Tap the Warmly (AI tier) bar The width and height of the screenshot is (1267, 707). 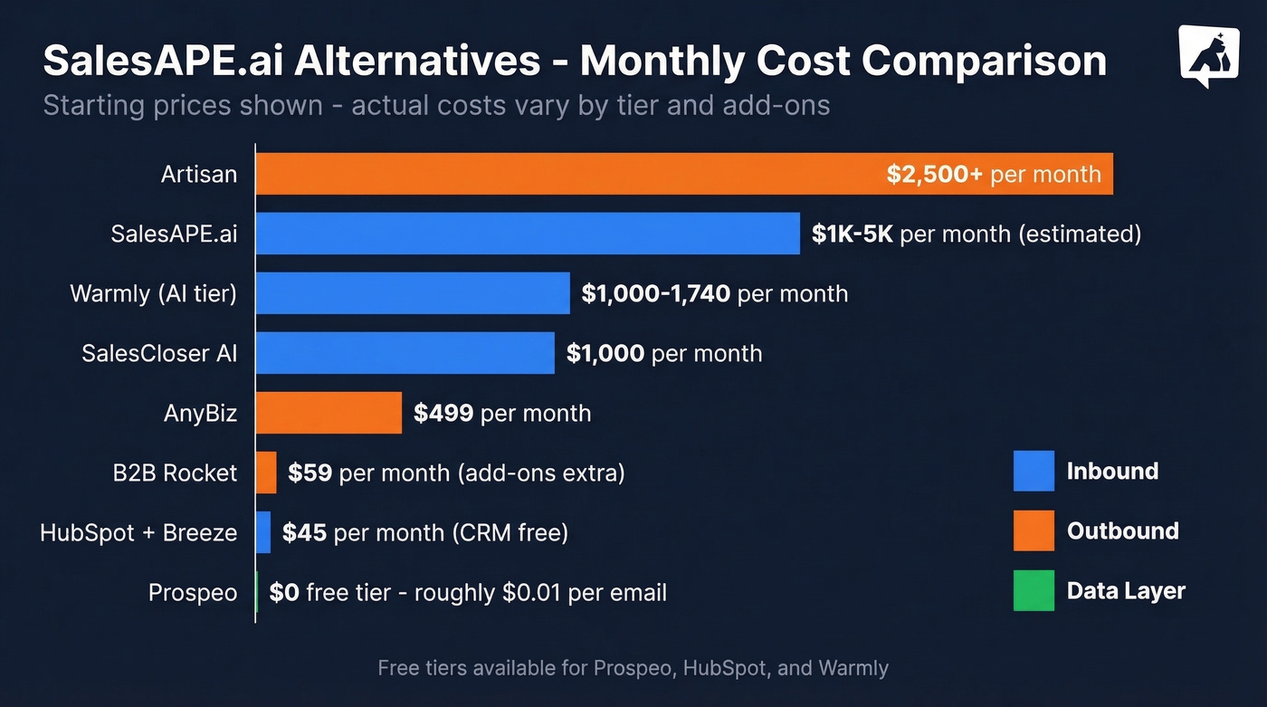[x=413, y=293]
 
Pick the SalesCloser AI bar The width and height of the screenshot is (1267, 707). [x=405, y=353]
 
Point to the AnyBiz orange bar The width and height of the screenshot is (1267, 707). [x=329, y=413]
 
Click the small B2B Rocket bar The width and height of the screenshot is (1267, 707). [x=266, y=473]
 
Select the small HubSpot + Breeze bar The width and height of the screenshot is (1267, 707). [x=263, y=532]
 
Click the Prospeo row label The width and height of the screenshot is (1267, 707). [x=193, y=593]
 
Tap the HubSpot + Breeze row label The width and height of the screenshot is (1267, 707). [x=138, y=533]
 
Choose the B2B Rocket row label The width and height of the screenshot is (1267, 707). [x=176, y=473]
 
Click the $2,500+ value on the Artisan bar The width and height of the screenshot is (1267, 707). [x=934, y=175]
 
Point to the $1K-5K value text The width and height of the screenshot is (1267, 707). [x=853, y=234]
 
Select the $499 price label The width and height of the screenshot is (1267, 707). [x=443, y=414]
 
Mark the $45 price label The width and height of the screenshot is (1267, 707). [x=304, y=533]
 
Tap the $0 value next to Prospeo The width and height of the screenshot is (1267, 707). [x=284, y=593]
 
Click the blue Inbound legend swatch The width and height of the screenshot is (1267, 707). [x=1034, y=471]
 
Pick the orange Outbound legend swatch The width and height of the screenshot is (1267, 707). [x=1034, y=530]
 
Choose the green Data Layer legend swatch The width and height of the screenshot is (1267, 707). [x=1034, y=590]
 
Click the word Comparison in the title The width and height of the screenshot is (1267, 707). [x=985, y=61]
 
